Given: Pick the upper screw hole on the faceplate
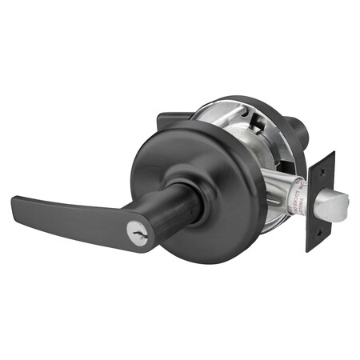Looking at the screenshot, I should (324, 171).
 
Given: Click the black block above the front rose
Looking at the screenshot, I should (173, 119).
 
